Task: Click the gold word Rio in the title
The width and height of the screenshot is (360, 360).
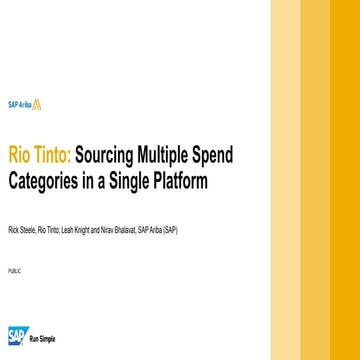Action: [x=20, y=157]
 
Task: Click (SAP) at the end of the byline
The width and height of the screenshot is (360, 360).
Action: [x=171, y=230]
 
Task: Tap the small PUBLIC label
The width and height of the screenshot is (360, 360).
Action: [x=14, y=271]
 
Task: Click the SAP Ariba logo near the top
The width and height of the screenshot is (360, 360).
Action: [x=24, y=104]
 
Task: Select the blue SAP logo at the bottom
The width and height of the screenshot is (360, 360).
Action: [x=18, y=334]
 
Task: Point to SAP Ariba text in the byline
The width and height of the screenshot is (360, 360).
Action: [x=150, y=230]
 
